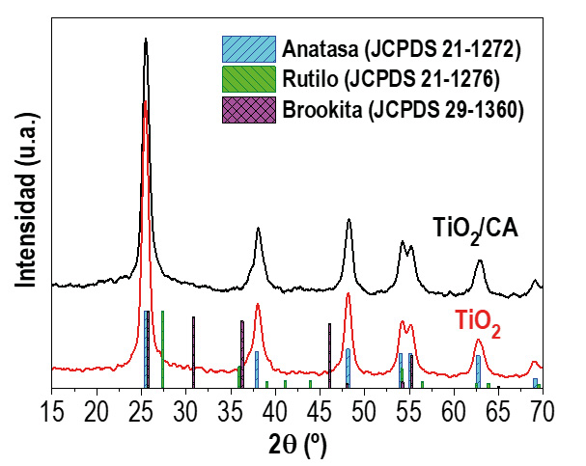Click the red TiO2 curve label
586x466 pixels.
coord(479,330)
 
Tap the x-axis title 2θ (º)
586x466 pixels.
coord(296,445)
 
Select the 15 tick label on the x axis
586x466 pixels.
coord(51,412)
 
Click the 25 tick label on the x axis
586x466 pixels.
coord(142,412)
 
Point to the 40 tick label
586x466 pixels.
coord(275,412)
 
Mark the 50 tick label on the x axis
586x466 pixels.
coord(364,412)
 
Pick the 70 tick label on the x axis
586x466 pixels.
coord(542,412)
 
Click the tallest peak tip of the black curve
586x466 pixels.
coord(145,40)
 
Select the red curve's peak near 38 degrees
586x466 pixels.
coord(258,305)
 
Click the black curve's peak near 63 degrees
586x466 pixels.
coord(479,262)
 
